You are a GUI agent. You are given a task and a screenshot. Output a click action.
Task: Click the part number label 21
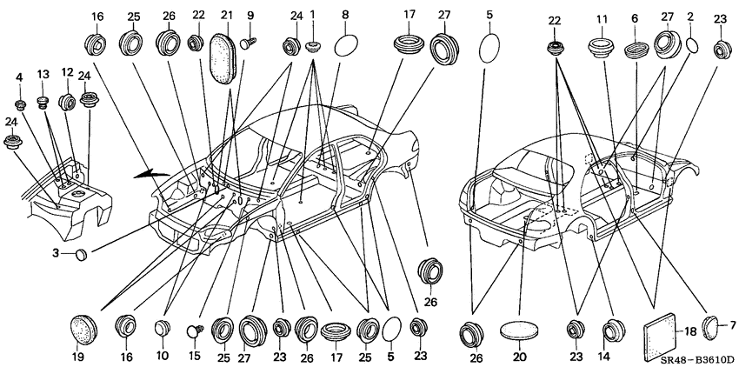point(227,15)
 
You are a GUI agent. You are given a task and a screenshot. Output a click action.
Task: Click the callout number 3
point(56,253)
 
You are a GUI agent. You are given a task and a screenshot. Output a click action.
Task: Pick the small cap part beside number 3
point(82,254)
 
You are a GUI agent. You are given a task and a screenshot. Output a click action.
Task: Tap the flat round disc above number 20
point(519,330)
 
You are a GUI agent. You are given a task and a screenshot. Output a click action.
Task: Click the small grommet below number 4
point(20,104)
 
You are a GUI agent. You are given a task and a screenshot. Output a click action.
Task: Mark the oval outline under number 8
point(347,46)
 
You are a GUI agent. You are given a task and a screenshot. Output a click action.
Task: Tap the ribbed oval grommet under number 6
point(636,50)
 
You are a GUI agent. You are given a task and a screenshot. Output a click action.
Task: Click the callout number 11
point(602,20)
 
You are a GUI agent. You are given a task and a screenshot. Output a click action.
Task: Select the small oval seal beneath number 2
point(692,45)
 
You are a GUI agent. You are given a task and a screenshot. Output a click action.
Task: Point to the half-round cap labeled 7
point(709,327)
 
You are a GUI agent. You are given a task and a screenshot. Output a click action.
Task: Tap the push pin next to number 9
point(248,43)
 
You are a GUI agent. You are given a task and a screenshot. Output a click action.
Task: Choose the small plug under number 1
point(312,46)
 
